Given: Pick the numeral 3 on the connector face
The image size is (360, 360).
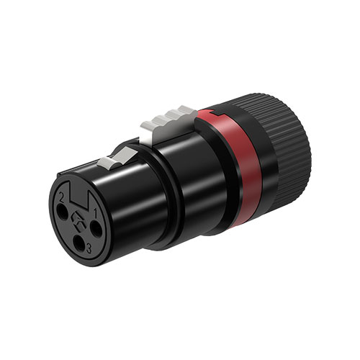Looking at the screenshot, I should pos(86,249).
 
